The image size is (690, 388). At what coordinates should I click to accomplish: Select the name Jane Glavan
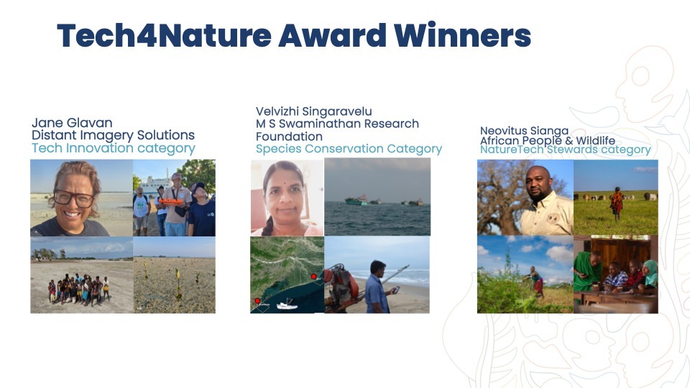click(72, 123)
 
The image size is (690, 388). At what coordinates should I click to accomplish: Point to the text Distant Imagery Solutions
click(113, 135)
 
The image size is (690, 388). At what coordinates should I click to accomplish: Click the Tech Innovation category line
click(113, 148)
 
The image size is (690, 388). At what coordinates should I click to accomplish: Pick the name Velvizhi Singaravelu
click(314, 111)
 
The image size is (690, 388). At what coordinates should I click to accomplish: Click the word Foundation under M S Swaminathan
click(289, 136)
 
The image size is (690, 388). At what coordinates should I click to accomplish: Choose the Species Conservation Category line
click(349, 149)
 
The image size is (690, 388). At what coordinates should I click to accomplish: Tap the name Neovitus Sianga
click(524, 131)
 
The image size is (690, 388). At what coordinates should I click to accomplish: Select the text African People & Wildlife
click(547, 141)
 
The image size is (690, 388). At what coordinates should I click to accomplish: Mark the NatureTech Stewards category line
click(565, 150)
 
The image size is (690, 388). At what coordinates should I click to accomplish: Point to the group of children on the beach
click(78, 289)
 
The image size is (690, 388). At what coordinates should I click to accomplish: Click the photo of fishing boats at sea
click(377, 197)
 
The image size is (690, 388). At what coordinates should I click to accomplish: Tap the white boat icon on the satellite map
click(287, 305)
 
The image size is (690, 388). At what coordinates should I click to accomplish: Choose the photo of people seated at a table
click(615, 274)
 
